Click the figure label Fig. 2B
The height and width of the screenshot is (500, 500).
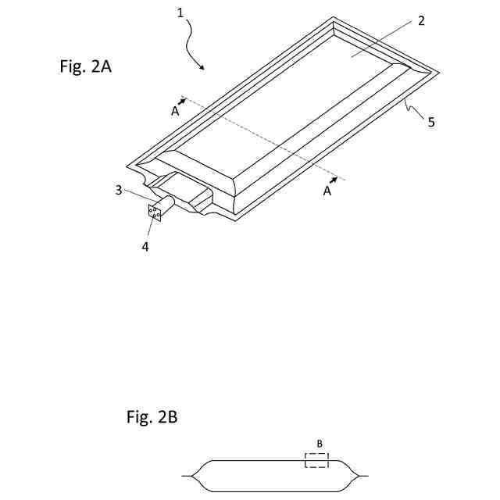tap(152, 417)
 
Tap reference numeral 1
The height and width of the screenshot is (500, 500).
tap(180, 13)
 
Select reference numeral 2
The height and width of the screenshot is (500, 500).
tap(421, 21)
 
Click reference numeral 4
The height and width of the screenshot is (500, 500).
tap(145, 247)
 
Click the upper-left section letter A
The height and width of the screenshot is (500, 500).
tap(175, 111)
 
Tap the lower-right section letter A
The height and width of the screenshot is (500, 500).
tap(327, 191)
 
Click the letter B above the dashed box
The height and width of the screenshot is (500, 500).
tap(320, 444)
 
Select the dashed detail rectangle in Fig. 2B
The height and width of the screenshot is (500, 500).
tap(316, 460)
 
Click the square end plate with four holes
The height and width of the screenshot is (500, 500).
tap(154, 211)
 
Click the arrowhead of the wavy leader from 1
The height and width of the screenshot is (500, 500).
tap(205, 69)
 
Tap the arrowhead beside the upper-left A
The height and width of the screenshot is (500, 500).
tap(184, 99)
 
